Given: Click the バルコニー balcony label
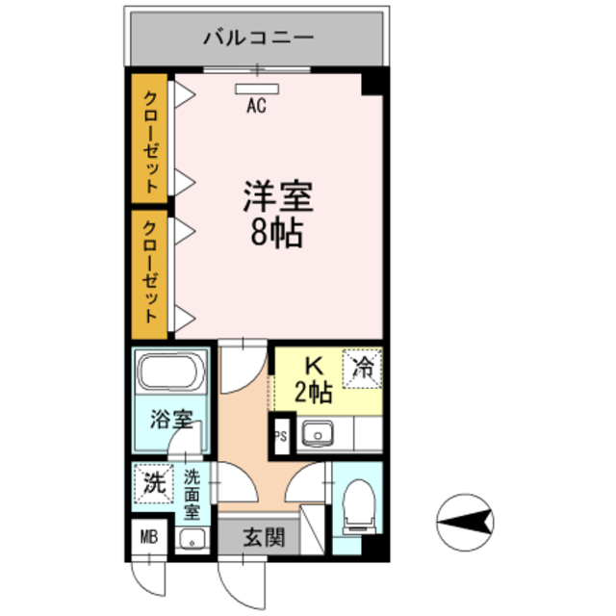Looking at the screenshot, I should click(x=257, y=39).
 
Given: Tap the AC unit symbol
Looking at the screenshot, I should click(x=257, y=90).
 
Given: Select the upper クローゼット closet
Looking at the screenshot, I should click(x=151, y=140).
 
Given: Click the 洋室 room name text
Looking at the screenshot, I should click(x=276, y=196).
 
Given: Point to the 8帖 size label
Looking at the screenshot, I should click(x=276, y=232).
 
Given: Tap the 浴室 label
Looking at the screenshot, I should click(x=173, y=421).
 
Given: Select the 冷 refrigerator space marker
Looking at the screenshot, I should click(x=364, y=366).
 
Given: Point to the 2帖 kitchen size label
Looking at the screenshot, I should click(x=313, y=393).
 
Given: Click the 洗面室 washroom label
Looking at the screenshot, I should click(x=192, y=493).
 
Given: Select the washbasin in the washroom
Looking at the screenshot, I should click(x=192, y=539).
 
